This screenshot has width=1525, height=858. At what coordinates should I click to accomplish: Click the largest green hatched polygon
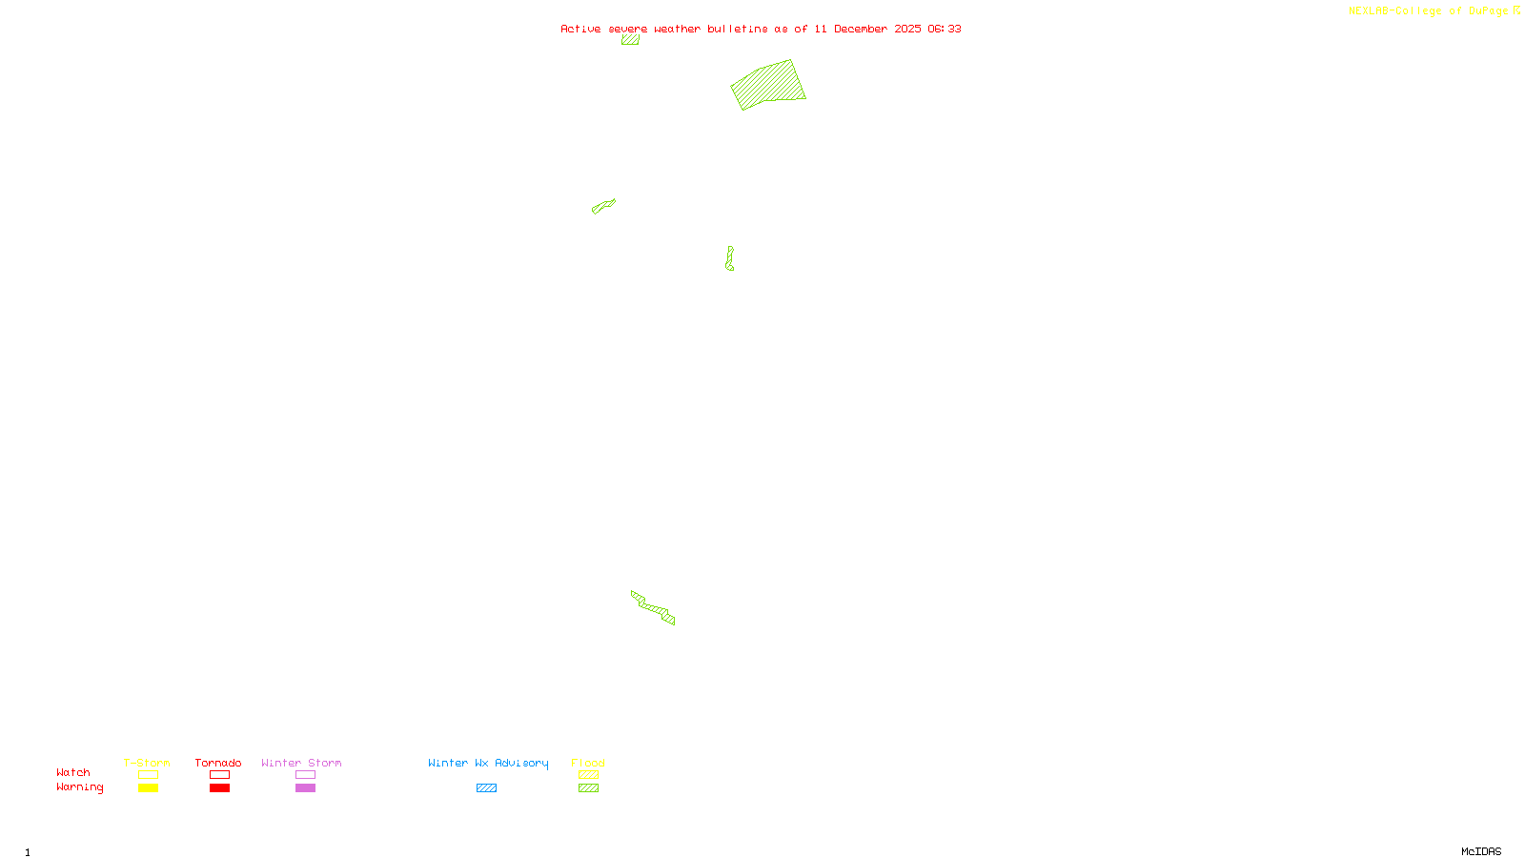click(768, 84)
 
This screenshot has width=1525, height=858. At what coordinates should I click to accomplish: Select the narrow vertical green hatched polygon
click(729, 258)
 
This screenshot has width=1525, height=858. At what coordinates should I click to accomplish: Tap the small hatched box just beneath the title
click(630, 40)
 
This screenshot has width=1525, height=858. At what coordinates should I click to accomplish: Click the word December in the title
click(861, 29)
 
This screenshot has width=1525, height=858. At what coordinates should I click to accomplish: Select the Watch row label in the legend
click(73, 772)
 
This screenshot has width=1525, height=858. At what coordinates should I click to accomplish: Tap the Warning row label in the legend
click(80, 787)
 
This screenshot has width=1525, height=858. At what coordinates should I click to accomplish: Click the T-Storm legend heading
click(147, 763)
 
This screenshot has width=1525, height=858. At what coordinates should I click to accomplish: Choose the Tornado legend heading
click(218, 763)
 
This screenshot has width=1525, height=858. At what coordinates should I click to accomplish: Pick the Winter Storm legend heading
click(301, 763)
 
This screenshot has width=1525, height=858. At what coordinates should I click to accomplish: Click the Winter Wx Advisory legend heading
click(488, 763)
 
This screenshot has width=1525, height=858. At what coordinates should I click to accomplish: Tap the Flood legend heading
click(588, 763)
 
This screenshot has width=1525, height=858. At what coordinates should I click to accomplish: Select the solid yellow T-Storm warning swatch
click(148, 788)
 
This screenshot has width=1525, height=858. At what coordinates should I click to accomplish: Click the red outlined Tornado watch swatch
click(219, 775)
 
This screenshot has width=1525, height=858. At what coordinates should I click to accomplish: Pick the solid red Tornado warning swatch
click(219, 788)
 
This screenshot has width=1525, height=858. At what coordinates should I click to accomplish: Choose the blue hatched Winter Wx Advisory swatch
click(486, 788)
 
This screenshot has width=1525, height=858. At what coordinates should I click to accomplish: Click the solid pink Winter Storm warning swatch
click(305, 788)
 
